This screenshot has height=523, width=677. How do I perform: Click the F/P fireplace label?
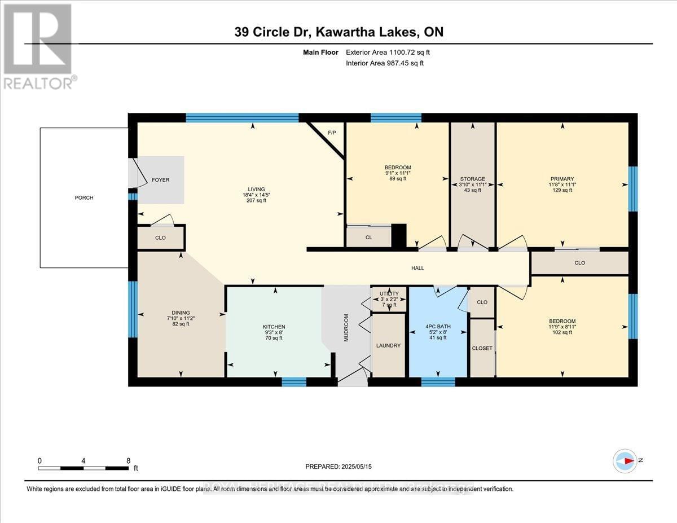[332, 133]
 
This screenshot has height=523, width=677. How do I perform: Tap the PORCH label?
[84, 197]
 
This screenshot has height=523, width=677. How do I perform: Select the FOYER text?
[161, 180]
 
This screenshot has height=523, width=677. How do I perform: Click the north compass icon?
[625, 460]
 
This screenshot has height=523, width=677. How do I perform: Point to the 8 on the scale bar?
[129, 460]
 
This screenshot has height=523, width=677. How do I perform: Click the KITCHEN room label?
[274, 327]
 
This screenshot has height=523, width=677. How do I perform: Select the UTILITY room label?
[389, 293]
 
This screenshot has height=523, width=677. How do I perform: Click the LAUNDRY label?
[389, 345]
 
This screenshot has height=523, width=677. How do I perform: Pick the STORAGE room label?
[472, 179]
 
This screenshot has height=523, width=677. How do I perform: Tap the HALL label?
[417, 268]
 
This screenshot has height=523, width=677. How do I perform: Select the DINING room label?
[181, 313]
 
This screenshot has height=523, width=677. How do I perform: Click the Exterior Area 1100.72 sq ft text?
[392, 52]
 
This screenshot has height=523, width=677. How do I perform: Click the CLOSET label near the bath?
[482, 348]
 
